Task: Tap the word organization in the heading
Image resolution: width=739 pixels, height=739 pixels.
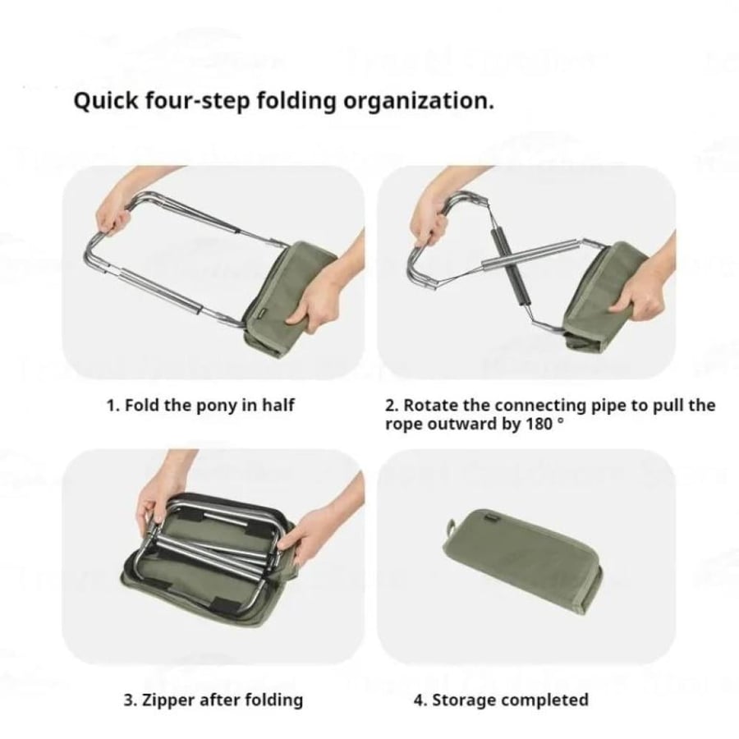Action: tap(419, 102)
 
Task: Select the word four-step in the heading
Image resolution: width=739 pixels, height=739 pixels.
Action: tap(199, 102)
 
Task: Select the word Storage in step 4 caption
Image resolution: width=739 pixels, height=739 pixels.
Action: tap(464, 700)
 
